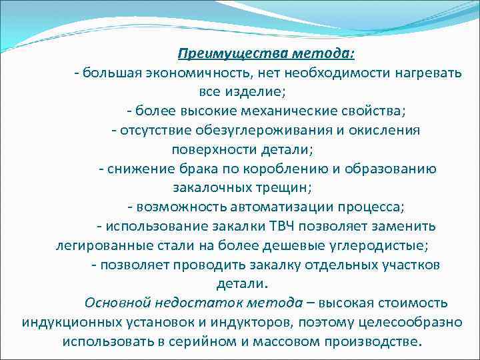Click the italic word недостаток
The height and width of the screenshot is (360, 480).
[193, 302]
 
